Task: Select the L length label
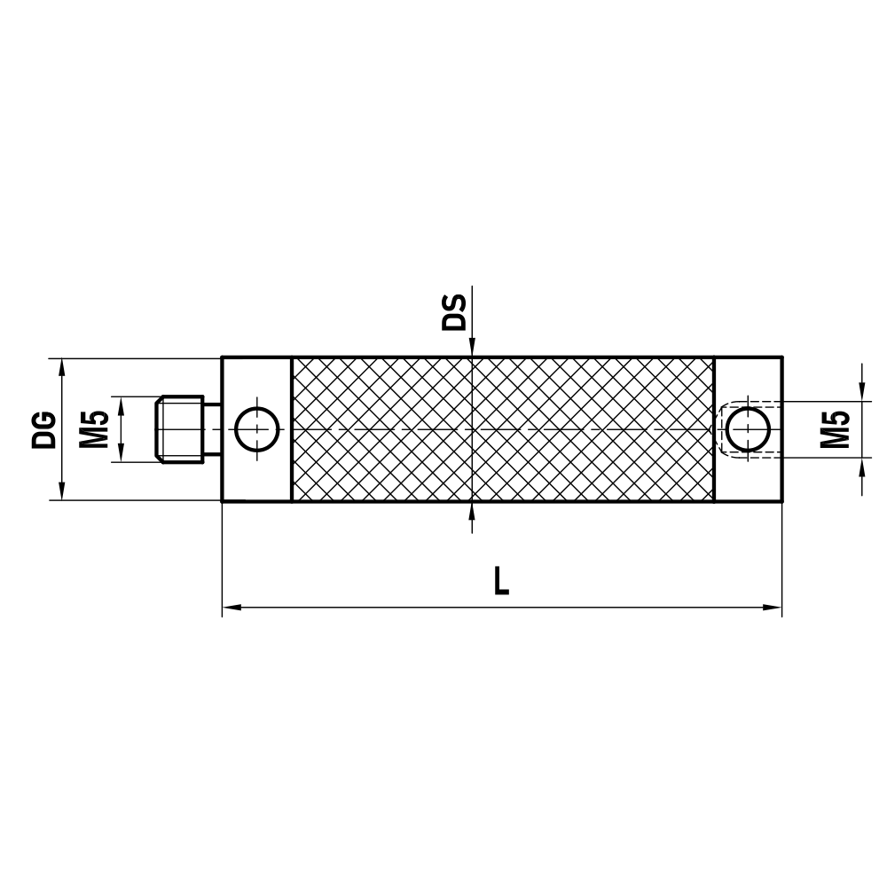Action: [502, 582]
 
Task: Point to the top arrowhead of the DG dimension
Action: [61, 366]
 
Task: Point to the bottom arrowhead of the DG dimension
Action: [61, 492]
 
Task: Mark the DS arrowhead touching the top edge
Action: [473, 349]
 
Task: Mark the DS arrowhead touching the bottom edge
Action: [473, 509]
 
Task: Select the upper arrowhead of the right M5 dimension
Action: [862, 394]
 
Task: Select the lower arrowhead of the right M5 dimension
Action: [862, 466]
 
